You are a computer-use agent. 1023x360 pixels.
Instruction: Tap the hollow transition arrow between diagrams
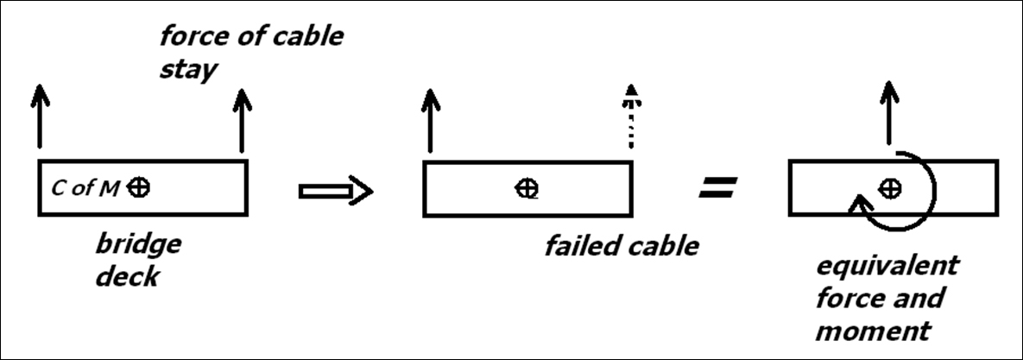click(336, 191)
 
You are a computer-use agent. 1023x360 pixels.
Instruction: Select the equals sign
click(717, 188)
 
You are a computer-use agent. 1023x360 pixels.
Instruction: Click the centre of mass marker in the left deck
click(138, 188)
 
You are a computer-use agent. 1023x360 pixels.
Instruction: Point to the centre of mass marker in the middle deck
click(527, 188)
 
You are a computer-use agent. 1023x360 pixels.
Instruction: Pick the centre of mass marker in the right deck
click(889, 188)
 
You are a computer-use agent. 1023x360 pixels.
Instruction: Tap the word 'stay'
click(188, 69)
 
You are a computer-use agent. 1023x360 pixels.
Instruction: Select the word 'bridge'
click(138, 244)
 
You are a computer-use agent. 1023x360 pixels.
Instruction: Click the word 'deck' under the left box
click(127, 276)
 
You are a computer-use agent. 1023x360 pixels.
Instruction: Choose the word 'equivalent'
click(887, 266)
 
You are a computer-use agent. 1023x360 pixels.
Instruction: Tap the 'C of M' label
click(85, 188)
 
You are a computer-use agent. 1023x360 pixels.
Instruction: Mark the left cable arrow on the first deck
click(40, 117)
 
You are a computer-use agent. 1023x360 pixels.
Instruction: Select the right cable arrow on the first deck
click(242, 120)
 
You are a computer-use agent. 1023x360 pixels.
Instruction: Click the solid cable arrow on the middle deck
click(430, 120)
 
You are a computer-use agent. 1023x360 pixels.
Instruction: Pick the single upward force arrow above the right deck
click(888, 112)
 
